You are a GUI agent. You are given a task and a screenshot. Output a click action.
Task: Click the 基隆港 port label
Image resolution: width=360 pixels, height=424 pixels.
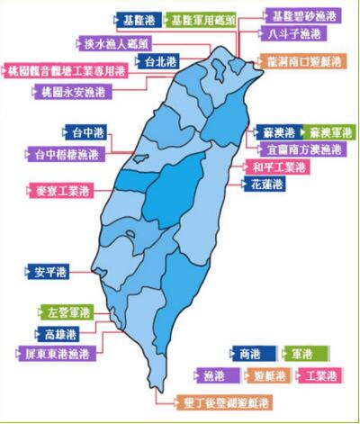[x=140, y=17]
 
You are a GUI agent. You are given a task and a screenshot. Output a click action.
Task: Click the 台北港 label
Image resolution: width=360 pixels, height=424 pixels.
[x=160, y=61]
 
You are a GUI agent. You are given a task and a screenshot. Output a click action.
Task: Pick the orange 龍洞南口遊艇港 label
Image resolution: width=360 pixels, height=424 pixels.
[x=298, y=61]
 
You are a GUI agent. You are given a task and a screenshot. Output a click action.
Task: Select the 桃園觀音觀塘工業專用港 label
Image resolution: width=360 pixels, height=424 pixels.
[x=65, y=68]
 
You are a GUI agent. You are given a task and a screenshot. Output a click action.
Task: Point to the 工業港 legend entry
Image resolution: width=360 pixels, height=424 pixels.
[x=321, y=374]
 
